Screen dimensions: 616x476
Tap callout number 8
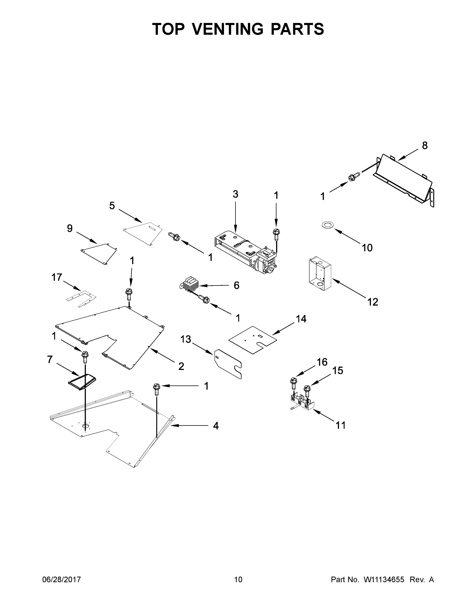pos(425,146)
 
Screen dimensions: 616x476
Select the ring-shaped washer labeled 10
pos(327,225)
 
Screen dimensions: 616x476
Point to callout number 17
pos(56,277)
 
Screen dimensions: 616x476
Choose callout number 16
pos(322,362)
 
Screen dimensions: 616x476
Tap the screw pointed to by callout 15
pos(307,389)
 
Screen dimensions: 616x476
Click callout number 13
pos(186,339)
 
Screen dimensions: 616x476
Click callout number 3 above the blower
pos(236,194)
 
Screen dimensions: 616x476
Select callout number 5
pos(112,206)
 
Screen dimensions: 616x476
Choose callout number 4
pos(216,426)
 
